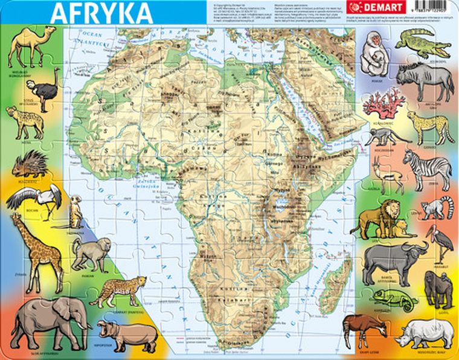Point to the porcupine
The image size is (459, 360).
click(x=30, y=163)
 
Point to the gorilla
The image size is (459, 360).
click(x=437, y=288)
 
